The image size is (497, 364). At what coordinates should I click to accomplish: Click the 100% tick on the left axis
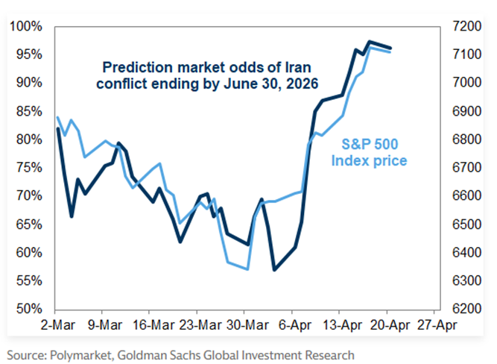click(27, 26)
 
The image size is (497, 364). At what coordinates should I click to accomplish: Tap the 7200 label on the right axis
click(466, 26)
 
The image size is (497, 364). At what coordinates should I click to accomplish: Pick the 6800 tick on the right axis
click(466, 139)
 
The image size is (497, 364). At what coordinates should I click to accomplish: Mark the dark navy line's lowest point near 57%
click(274, 269)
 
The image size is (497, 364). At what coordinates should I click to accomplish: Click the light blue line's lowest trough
click(247, 269)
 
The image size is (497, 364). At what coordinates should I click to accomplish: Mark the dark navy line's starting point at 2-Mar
click(57, 129)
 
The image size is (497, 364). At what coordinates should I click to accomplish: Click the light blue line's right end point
click(390, 51)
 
